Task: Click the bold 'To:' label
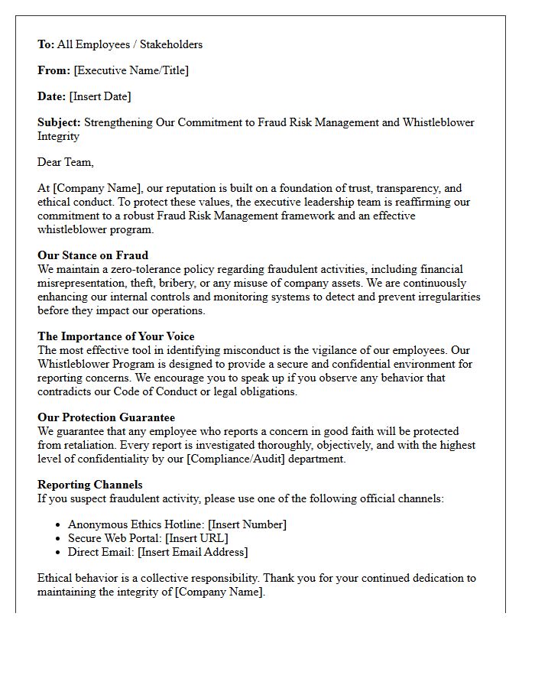(46, 44)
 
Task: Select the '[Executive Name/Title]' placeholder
(131, 70)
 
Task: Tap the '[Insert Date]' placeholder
(100, 96)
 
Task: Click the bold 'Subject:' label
(59, 122)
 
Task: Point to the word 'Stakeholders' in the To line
(170, 44)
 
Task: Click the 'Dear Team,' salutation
(66, 162)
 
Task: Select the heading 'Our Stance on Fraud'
(92, 255)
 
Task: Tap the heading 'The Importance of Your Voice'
(115, 336)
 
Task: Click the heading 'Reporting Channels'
(89, 485)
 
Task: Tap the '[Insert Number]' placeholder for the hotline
(248, 524)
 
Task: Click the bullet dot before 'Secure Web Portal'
(59, 538)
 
